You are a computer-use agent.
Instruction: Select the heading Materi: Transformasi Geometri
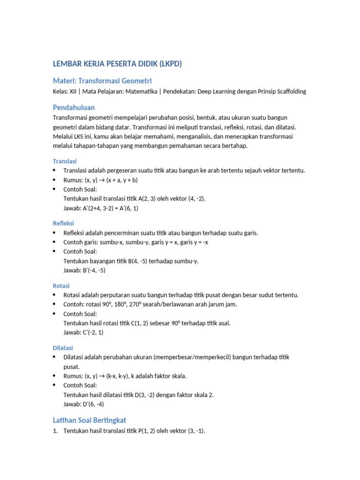coord(102,81)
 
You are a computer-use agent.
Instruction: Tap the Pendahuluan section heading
coord(74,107)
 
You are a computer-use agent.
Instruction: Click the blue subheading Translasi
coord(64,161)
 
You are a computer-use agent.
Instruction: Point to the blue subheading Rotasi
coord(61,285)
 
